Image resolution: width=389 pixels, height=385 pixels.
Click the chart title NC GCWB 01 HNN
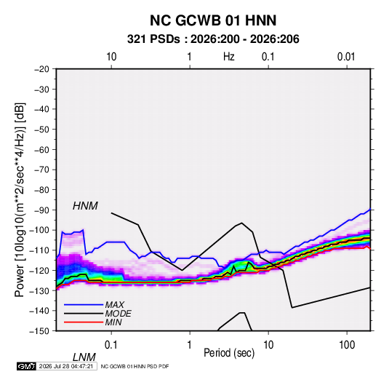tap(213, 20)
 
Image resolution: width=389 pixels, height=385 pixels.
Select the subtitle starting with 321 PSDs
tap(213, 39)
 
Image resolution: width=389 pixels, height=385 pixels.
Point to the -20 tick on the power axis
tap(41, 69)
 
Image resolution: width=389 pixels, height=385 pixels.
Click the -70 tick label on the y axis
tap(41, 170)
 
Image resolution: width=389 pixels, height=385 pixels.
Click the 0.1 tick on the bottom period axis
tap(111, 345)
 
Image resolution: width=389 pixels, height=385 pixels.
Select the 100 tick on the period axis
tap(347, 345)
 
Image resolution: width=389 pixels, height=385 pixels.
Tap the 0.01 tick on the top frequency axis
tap(346, 57)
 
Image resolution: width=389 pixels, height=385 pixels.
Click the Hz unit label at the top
tap(229, 57)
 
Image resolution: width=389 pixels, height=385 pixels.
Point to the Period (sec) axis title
tap(229, 353)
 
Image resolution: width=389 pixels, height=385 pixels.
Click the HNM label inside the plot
tap(85, 206)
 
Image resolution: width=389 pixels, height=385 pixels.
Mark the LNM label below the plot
tap(84, 357)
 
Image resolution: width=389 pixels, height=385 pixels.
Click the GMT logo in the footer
tap(26, 366)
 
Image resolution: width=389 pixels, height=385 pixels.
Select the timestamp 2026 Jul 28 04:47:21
tap(66, 366)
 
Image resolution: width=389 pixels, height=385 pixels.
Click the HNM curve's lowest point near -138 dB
tap(292, 308)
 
